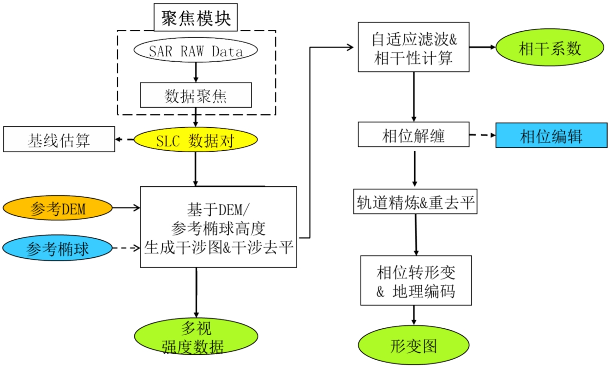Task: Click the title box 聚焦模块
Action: pos(196,19)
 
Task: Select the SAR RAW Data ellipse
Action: pos(196,51)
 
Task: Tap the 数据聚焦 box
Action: pos(196,95)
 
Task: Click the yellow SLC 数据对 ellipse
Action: pos(196,141)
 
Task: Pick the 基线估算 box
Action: pos(59,140)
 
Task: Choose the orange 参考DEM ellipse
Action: pos(57,209)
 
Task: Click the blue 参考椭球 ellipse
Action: pos(57,249)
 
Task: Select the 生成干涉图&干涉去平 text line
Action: pos(218,247)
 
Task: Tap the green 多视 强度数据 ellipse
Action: pos(196,337)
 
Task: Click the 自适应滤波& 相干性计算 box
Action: pos(414,47)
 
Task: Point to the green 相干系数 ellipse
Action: pos(550,48)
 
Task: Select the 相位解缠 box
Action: pos(414,135)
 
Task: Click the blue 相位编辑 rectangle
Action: pos(551,136)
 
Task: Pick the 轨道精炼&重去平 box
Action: pos(415,203)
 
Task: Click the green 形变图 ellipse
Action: pos(414,346)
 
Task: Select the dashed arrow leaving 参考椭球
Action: pos(126,248)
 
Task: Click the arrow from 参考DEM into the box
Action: pos(126,208)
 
